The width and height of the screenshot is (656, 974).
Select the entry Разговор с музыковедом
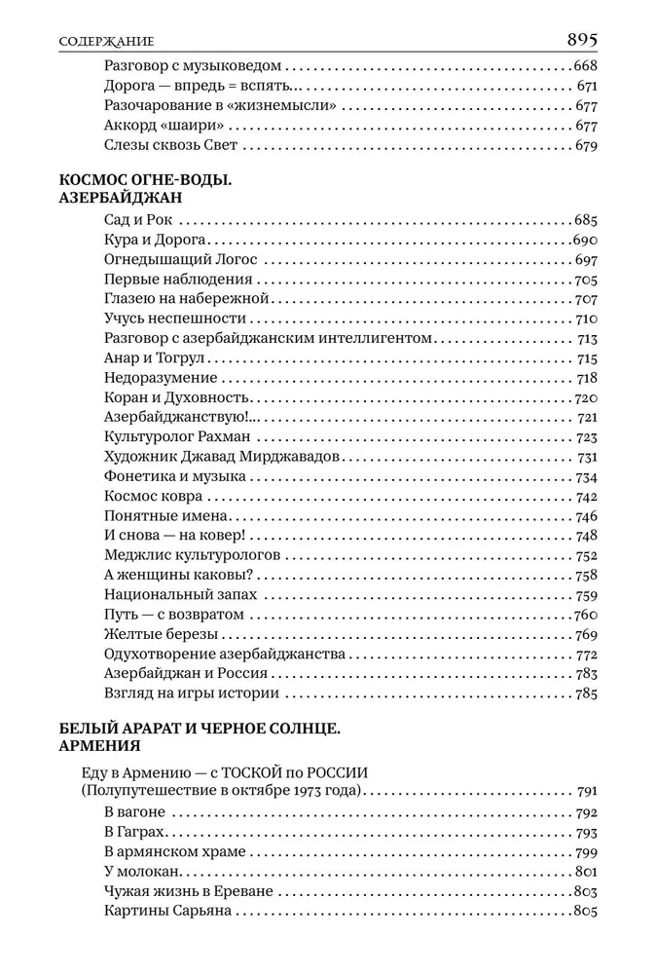tap(192, 66)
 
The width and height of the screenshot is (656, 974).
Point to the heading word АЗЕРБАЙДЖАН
tap(122, 197)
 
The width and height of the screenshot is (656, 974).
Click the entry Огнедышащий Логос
tap(179, 260)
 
